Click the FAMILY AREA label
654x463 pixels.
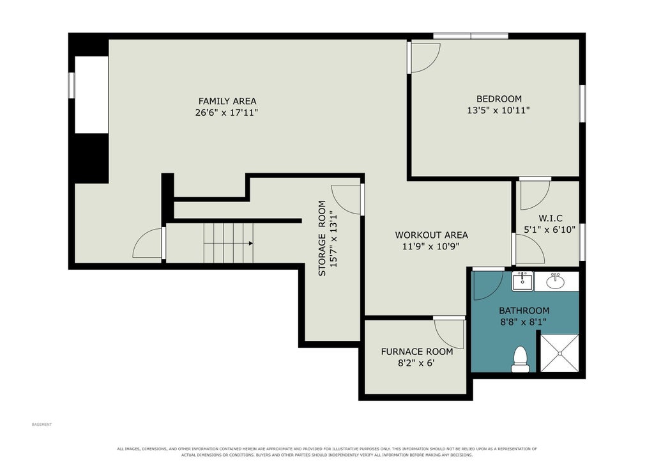(x=227, y=101)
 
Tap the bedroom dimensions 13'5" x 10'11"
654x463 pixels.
(x=499, y=110)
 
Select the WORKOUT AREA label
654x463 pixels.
(x=432, y=235)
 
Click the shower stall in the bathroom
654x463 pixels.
(x=559, y=353)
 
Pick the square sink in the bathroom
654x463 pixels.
(x=522, y=281)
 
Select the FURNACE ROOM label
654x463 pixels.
(x=417, y=352)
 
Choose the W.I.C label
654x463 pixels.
(x=551, y=218)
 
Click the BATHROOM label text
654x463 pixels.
(x=524, y=311)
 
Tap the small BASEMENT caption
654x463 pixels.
(x=42, y=425)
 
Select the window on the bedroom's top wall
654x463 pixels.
(x=471, y=36)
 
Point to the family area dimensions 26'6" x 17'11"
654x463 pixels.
(x=227, y=113)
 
